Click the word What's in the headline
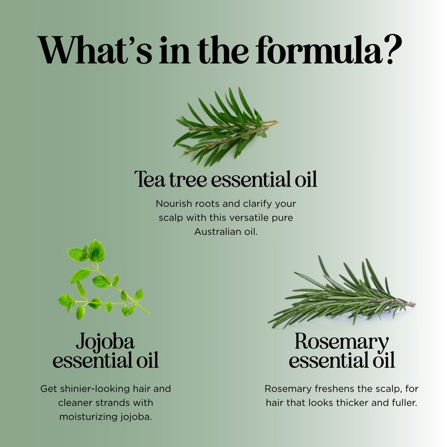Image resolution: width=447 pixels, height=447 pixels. (91, 51)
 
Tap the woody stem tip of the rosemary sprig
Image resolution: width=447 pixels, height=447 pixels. (411, 305)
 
